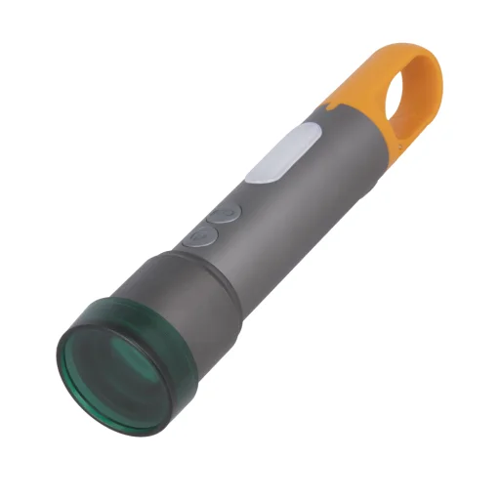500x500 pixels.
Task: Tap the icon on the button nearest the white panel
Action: click(x=226, y=213)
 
